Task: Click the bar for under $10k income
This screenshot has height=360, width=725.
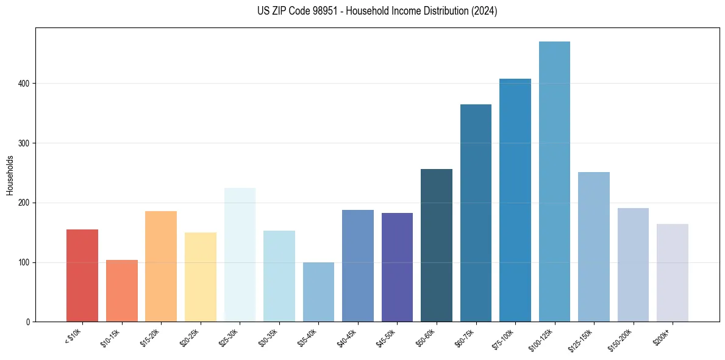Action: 82,276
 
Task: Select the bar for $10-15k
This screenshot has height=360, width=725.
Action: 121,291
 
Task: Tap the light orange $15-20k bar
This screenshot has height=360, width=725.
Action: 161,267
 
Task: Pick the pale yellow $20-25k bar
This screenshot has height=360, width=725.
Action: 201,277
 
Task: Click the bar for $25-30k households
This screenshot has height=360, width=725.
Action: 240,255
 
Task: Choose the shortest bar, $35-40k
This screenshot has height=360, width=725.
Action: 318,292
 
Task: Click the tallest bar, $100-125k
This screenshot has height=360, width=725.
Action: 554,182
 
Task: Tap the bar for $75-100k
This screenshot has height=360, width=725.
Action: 515,200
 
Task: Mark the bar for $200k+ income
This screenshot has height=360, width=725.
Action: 673,273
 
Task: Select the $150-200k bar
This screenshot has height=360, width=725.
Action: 633,265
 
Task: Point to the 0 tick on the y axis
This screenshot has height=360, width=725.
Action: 28,322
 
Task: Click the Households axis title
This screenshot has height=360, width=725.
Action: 10,175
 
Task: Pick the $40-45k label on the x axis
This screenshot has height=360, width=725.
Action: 346,337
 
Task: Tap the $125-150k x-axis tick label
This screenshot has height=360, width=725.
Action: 581,339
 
